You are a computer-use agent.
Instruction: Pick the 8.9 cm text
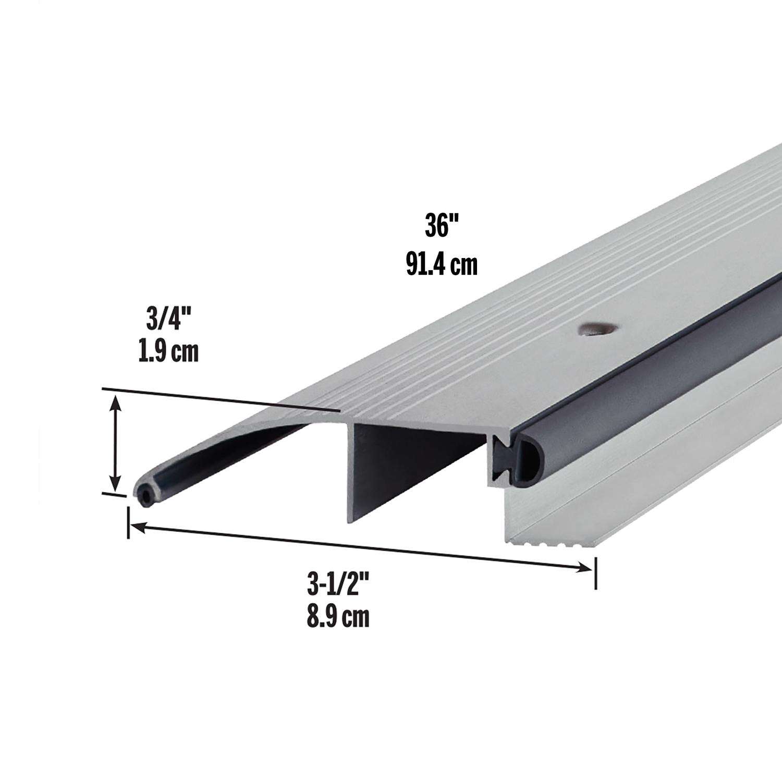(x=337, y=617)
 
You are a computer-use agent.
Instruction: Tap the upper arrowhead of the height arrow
(x=116, y=401)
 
